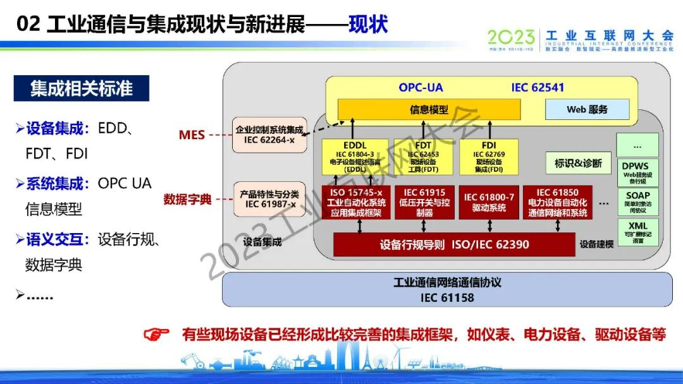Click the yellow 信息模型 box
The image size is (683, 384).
429,109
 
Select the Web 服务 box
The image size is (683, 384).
587,109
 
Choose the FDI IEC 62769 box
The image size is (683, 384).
489,156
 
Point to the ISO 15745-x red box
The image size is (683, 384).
356,202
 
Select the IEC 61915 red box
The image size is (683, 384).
424,202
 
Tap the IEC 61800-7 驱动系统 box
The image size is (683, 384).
489,202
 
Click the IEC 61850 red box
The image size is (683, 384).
557,202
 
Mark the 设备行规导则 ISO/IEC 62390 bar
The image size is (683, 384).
453,244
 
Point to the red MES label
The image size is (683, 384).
192,135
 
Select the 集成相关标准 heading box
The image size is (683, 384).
82,88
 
